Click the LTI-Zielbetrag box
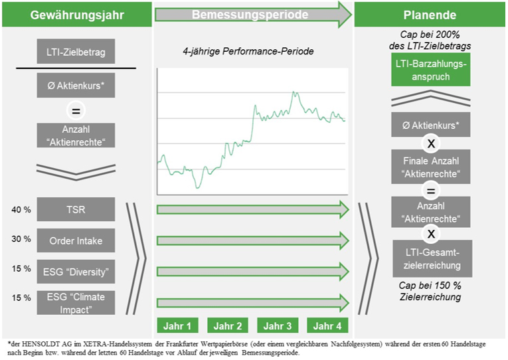(x=76, y=51)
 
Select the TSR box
(x=76, y=209)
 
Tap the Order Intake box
(x=76, y=240)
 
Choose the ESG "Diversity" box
(x=76, y=272)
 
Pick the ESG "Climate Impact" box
(x=76, y=303)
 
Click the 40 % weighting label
(x=21, y=210)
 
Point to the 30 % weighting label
(x=21, y=239)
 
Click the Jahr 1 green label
(x=177, y=325)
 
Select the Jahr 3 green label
(x=278, y=325)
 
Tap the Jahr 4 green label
(x=327, y=325)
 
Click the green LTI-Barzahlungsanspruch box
(x=431, y=70)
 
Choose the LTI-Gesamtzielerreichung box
(x=432, y=258)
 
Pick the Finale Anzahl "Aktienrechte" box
(x=431, y=167)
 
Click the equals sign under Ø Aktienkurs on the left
(x=76, y=111)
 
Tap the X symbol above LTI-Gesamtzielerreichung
(x=431, y=234)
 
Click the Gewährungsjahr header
(x=77, y=15)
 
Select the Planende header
(x=430, y=15)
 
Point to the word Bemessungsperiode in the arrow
(x=250, y=15)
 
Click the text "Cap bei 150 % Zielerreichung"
(x=430, y=291)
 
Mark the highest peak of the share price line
(x=294, y=92)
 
